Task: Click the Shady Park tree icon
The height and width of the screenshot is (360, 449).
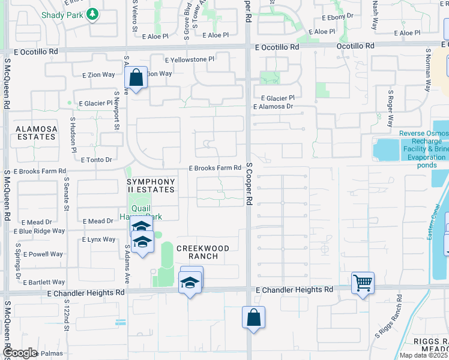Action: point(92,13)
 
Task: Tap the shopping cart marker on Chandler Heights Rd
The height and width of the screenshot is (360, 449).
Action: point(363,283)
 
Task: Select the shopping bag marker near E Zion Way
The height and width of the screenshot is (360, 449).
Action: point(136,77)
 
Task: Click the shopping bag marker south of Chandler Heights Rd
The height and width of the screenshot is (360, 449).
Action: point(253,317)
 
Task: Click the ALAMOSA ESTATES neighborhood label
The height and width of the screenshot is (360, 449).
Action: point(37,133)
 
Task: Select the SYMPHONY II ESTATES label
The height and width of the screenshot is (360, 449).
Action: point(151,185)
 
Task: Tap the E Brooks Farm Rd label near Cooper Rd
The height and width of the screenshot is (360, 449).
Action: point(215,168)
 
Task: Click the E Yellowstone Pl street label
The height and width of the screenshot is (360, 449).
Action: point(190,59)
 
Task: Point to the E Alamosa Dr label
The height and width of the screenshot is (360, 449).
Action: point(273,107)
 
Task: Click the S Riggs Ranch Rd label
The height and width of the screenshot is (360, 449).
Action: point(388,325)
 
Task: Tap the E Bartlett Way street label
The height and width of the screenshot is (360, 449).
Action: point(44,282)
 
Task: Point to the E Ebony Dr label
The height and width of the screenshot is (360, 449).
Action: point(338,18)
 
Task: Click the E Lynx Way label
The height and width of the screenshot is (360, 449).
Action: point(98,239)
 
